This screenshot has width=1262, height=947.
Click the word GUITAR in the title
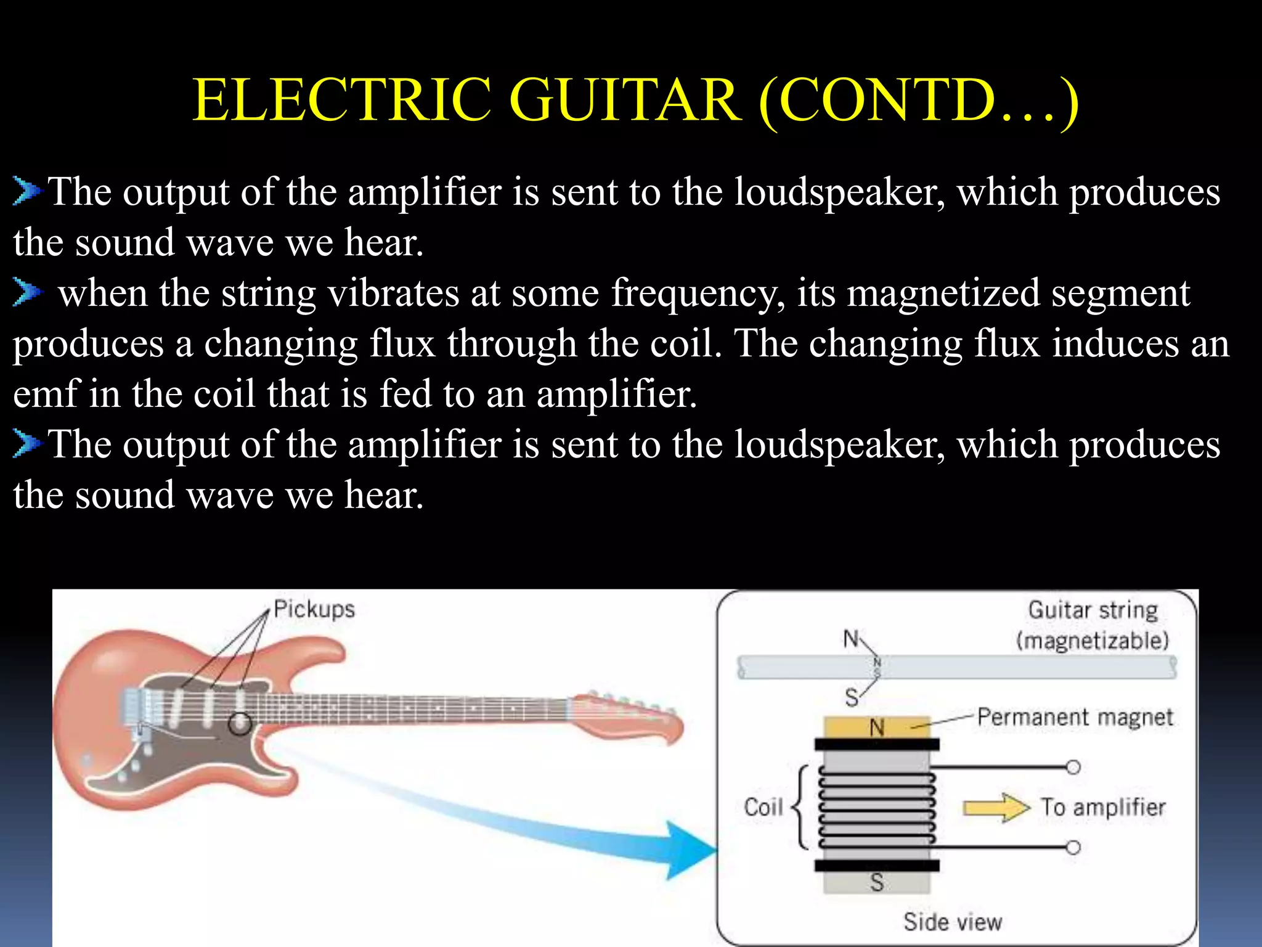(626, 100)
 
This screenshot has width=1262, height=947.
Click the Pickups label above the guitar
(314, 609)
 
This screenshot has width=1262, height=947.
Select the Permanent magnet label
(1075, 717)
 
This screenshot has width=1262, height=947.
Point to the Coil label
(763, 807)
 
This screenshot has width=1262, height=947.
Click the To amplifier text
(1103, 807)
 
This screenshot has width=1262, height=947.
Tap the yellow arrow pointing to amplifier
(996, 807)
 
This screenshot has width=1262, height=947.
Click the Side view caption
(953, 922)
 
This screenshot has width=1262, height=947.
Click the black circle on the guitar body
(240, 724)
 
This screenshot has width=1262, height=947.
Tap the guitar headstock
(629, 715)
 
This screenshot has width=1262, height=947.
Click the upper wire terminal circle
(1073, 767)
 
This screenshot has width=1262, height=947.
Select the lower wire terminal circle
(1073, 847)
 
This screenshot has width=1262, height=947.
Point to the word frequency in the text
(698, 293)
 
